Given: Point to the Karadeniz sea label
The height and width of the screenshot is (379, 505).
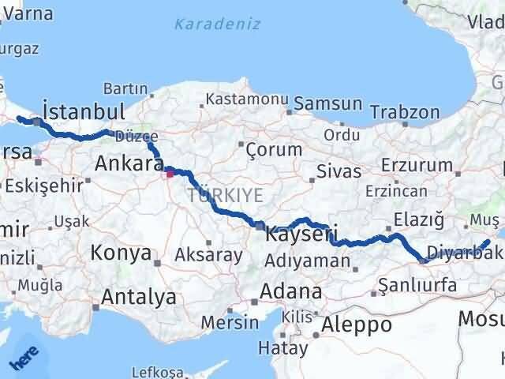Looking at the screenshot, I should tap(217, 24).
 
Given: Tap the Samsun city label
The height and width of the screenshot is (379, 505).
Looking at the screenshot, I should tap(328, 103).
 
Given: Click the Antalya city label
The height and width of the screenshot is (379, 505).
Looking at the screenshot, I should tap(139, 298).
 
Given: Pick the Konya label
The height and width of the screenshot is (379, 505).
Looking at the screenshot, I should tap(121, 253).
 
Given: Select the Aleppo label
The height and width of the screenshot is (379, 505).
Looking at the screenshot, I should tap(357, 325).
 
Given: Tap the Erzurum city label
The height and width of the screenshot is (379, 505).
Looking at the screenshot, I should tap(417, 165).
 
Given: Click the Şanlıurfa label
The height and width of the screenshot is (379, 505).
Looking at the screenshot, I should tap(417, 285).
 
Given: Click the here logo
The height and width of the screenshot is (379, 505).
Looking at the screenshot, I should tap(23, 359).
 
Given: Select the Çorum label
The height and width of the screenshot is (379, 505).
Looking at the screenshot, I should tap(274, 149).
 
